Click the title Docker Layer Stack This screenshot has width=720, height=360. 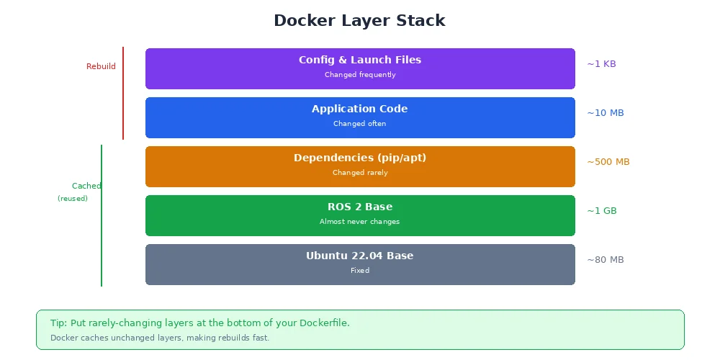point(359,21)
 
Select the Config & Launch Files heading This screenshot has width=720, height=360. point(360,60)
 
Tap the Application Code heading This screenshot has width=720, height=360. point(360,109)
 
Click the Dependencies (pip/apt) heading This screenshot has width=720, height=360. point(360,158)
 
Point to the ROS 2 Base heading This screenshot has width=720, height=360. point(360,207)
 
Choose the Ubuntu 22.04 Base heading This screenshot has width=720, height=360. point(360,256)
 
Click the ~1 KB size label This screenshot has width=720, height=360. point(601,64)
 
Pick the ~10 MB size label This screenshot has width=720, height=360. point(605,113)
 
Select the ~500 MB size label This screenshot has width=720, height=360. point(608,162)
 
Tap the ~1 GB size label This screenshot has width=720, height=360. point(602,211)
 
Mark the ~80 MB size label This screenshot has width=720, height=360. point(605,260)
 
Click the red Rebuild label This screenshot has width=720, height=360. point(101,67)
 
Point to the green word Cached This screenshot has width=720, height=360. point(86,186)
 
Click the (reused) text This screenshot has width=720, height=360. point(73,199)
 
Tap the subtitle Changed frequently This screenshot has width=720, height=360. point(360,75)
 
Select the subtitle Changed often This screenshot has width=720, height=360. point(360,124)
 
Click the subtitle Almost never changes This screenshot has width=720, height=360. point(360,222)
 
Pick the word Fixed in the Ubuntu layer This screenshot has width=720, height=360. point(360,271)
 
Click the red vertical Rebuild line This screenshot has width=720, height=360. point(123,94)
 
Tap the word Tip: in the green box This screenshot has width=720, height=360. point(58,323)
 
